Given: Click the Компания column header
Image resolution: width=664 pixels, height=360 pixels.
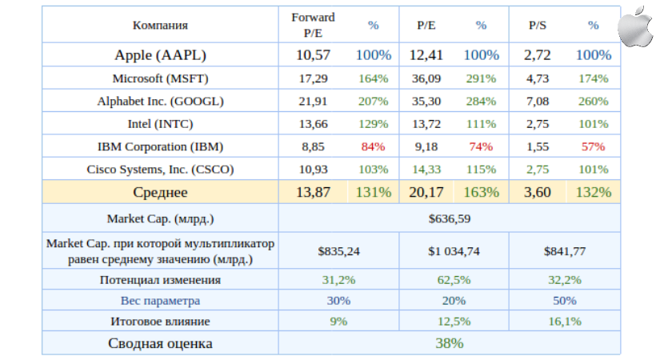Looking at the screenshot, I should point(160,25).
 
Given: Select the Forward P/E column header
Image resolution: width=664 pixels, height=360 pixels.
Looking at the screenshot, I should point(313,25).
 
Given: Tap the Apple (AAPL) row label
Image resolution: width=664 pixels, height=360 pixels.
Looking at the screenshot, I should point(160,55).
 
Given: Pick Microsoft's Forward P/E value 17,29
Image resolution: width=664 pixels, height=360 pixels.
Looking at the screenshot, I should point(313,78).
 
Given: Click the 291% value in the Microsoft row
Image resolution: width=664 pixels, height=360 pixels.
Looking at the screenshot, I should point(481,78).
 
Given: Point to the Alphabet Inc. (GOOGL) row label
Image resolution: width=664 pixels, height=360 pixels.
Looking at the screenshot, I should point(160,102).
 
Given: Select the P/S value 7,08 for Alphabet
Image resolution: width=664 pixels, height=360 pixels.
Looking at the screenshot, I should point(538,102).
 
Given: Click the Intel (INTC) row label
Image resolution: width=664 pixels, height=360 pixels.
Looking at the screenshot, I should point(160,124).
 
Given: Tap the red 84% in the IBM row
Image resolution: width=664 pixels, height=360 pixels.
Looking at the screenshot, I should point(373,146).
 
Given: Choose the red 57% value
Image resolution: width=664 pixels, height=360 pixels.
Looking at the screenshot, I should point(593,146).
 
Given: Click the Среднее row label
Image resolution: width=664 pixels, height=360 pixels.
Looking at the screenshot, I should point(160,192).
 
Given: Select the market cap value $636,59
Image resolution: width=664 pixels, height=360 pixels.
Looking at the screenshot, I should point(449,218).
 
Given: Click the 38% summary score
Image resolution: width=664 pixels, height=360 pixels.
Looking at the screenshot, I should point(449,343).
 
